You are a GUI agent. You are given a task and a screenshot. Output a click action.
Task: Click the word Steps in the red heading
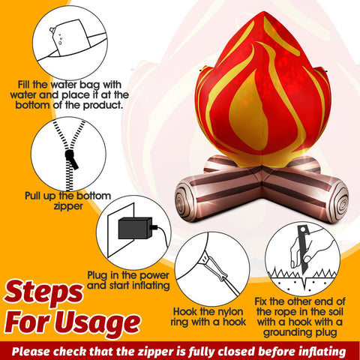43,292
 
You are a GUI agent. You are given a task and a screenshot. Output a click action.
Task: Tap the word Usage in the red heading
99,322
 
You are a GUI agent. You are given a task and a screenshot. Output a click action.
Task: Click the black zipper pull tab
72,159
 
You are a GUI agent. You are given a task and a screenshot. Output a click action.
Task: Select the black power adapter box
135,228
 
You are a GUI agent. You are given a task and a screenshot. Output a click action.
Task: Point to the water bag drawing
70,37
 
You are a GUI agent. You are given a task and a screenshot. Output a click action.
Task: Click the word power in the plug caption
154,275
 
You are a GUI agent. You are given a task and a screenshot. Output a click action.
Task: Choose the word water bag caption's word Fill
24,85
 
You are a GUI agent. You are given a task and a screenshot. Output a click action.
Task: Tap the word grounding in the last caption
284,333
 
